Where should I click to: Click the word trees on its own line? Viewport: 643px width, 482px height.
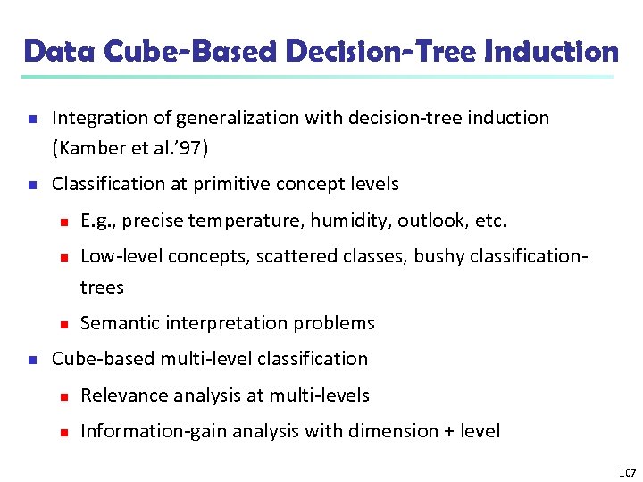pyautogui.click(x=102, y=287)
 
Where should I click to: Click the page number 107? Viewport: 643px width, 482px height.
pyautogui.click(x=626, y=472)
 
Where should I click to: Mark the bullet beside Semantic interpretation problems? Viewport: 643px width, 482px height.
pyautogui.click(x=62, y=324)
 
